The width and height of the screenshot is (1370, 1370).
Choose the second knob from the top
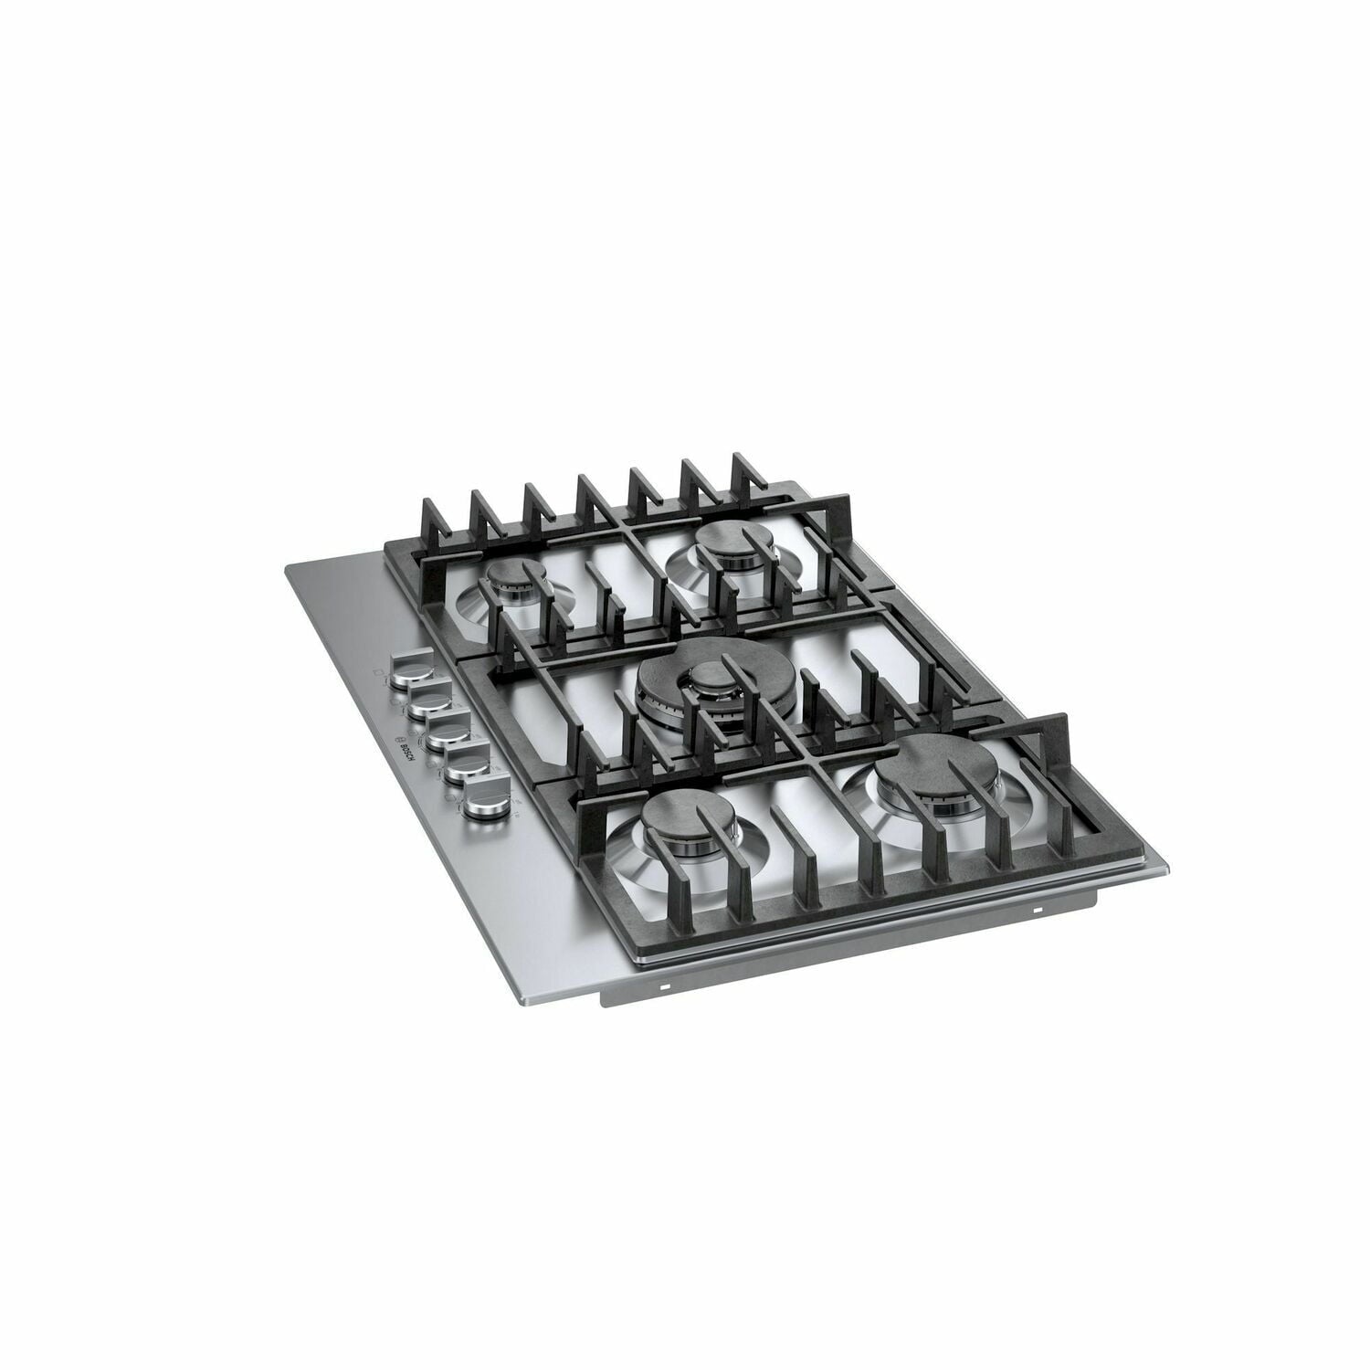click(x=426, y=701)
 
